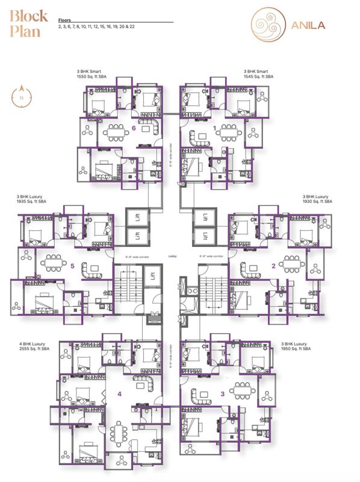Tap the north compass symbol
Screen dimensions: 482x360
coord(22,96)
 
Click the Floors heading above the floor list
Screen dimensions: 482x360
coord(64,20)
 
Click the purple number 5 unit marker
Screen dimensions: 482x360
coord(72,264)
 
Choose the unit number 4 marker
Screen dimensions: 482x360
coord(119,394)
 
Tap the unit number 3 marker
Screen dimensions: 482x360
coord(222,394)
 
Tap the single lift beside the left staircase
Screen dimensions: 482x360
coord(153,277)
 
